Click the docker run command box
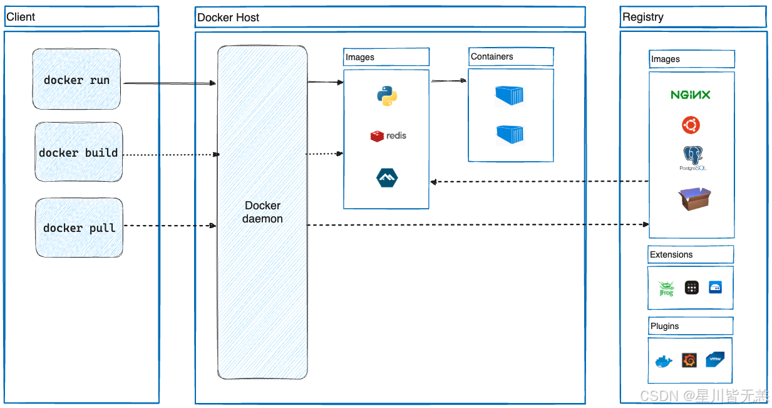point(76,79)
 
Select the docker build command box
point(79,152)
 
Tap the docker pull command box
point(80,228)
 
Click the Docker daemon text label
point(262,212)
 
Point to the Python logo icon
point(387,95)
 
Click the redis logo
point(388,136)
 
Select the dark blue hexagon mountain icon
point(387,177)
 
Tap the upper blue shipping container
point(510,95)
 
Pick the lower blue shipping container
point(510,134)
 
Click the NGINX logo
point(691,95)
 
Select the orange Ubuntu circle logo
point(691,125)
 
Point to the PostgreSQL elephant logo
point(692,158)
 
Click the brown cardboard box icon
point(694,199)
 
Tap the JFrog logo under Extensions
point(666,289)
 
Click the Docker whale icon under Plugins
point(664,362)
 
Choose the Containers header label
point(492,56)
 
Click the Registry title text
point(643,17)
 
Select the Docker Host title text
point(228,18)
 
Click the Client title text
point(21,17)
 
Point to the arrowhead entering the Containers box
point(463,81)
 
